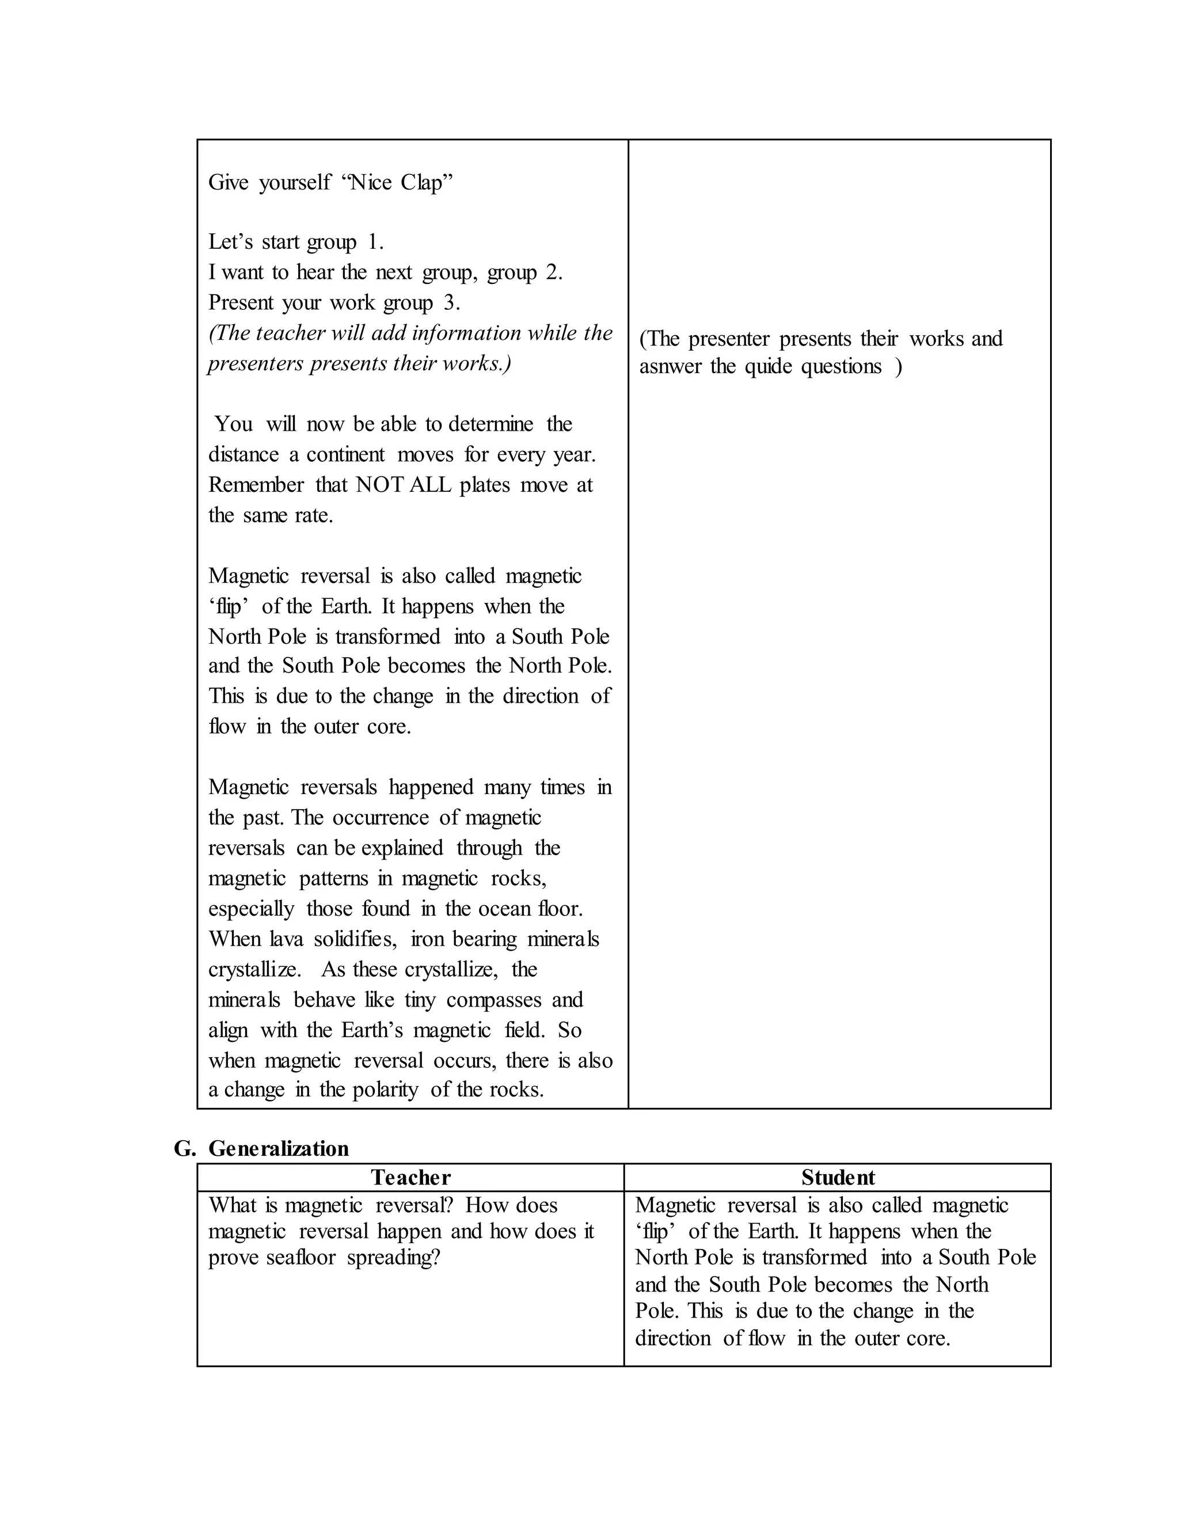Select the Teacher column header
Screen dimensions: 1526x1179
click(410, 1178)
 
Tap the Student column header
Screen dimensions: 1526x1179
click(838, 1178)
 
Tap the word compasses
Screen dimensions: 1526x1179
click(494, 1000)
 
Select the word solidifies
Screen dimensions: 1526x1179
click(355, 939)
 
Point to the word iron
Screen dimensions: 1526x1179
click(427, 939)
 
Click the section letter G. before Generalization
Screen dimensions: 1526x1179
click(184, 1149)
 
